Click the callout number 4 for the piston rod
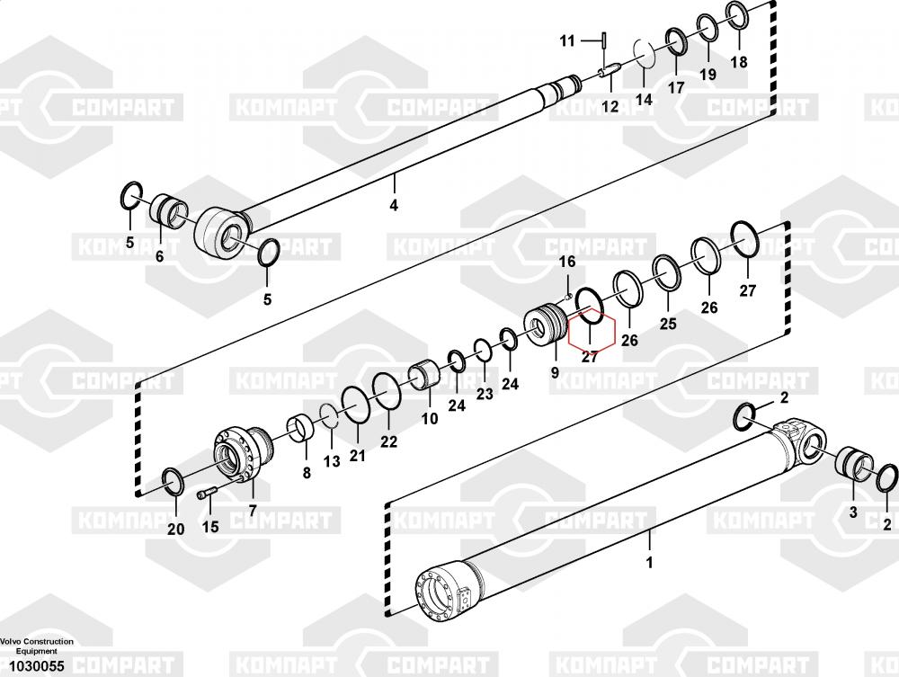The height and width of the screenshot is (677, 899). tap(393, 206)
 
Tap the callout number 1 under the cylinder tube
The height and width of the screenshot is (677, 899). tap(649, 564)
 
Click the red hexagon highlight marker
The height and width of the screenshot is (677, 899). tap(591, 337)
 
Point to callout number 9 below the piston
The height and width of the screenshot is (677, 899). tap(554, 371)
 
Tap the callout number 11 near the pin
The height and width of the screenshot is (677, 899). tap(567, 41)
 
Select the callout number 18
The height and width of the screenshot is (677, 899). tap(738, 62)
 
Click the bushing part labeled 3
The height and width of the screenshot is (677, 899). tap(855, 468)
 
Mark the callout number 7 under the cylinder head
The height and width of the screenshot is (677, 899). tap(252, 511)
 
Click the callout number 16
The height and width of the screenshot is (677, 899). tap(567, 262)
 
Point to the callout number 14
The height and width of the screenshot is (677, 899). tap(644, 100)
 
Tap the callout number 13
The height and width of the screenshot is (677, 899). tap(332, 461)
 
